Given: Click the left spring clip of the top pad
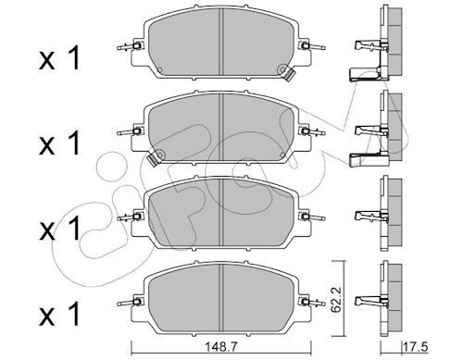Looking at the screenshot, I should coord(130,46).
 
